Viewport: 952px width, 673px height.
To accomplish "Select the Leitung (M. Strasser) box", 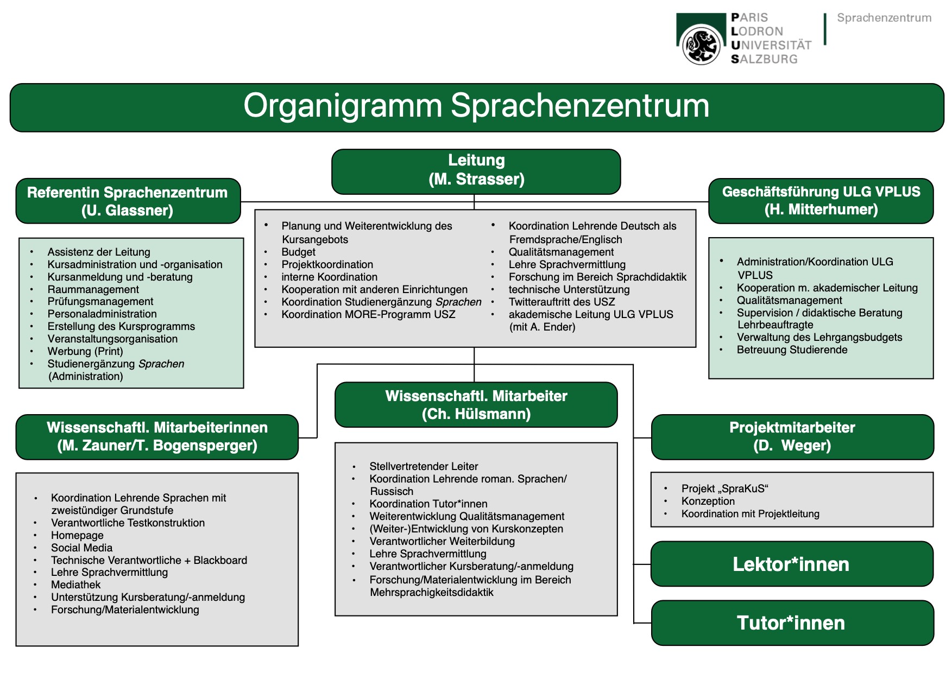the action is (476, 172).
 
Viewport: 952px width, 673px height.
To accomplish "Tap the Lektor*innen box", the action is (792, 564).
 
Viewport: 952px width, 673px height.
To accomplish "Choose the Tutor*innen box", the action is (792, 623).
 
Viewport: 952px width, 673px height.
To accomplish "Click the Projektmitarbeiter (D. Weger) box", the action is (792, 437).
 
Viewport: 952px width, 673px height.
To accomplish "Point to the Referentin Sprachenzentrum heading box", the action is (128, 201).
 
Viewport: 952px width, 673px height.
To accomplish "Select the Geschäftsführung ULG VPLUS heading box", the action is (821, 201).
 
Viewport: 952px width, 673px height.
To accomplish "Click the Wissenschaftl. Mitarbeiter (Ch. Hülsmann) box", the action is (476, 405).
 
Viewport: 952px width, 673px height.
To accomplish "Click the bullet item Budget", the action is (298, 252).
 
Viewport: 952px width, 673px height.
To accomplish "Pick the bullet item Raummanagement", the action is (93, 289).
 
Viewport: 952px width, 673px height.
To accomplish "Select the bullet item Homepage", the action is (77, 535).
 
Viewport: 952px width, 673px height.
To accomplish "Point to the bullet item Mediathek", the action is (75, 585).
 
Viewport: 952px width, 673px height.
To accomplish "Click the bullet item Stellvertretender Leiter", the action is (424, 466).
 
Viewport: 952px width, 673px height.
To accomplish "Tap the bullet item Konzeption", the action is (708, 501).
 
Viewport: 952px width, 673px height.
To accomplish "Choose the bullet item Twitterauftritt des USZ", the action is (562, 302).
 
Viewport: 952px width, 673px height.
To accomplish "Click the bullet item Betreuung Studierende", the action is (792, 350).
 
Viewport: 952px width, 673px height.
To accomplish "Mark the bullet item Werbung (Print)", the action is (85, 351).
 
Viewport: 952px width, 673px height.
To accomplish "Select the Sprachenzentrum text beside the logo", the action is (884, 17).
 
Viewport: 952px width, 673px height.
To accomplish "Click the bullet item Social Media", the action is (81, 548).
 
